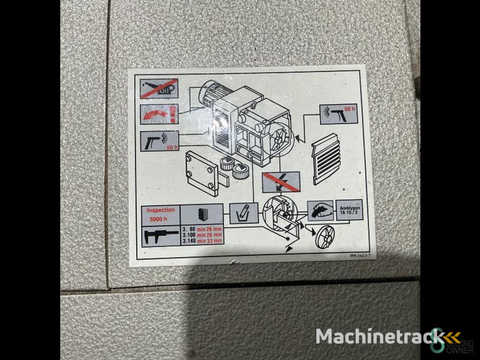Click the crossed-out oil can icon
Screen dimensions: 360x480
click(x=159, y=89)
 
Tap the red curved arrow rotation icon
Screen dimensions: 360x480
click(x=159, y=114)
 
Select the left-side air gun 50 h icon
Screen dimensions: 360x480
click(x=159, y=141)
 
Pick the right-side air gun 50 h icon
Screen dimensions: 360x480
click(x=338, y=114)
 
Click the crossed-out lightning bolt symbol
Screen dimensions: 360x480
click(x=281, y=182)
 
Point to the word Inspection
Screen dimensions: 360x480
click(x=161, y=210)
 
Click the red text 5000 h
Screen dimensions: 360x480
click(x=158, y=219)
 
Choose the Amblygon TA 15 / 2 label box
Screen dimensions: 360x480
click(x=349, y=210)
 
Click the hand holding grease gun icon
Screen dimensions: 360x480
click(x=320, y=210)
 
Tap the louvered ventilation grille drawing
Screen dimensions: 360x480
click(x=326, y=158)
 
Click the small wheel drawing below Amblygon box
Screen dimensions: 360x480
click(x=325, y=237)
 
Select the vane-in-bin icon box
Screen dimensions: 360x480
click(x=244, y=213)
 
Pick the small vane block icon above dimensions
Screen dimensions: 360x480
click(x=202, y=214)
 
